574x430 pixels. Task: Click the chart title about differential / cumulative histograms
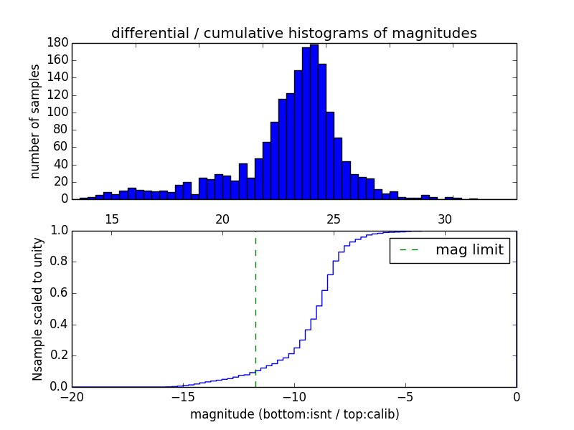click(293, 33)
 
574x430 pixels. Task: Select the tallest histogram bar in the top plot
click(314, 122)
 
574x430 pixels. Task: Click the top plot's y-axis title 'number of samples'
click(35, 121)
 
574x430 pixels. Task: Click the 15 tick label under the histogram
click(112, 219)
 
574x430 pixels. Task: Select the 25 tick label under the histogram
click(334, 219)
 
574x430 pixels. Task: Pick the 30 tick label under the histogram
click(445, 219)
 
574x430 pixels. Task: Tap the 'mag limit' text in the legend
click(469, 250)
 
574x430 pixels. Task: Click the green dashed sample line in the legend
click(410, 250)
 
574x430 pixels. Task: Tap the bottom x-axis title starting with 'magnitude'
click(294, 414)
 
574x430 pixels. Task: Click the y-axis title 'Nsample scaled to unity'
click(37, 309)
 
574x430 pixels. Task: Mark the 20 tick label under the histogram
click(222, 219)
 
